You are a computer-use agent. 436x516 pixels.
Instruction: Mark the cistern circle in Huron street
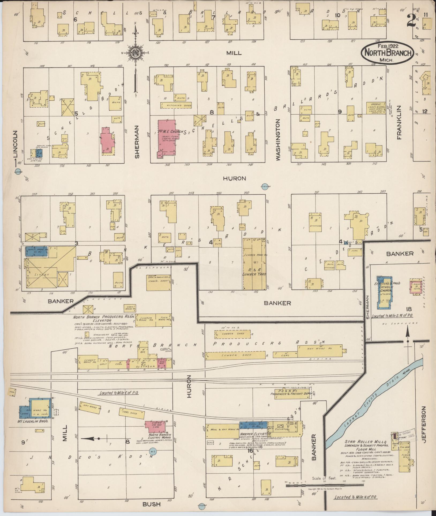tap(265, 187)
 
